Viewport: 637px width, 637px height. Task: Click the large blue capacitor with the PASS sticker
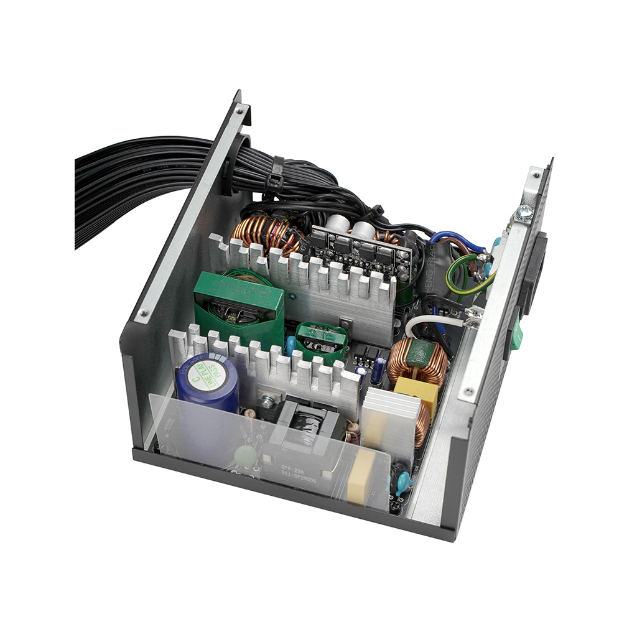[x=207, y=382]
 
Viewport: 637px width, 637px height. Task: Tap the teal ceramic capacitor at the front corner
[x=403, y=480]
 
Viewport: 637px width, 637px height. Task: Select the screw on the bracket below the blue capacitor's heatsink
[x=267, y=402]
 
